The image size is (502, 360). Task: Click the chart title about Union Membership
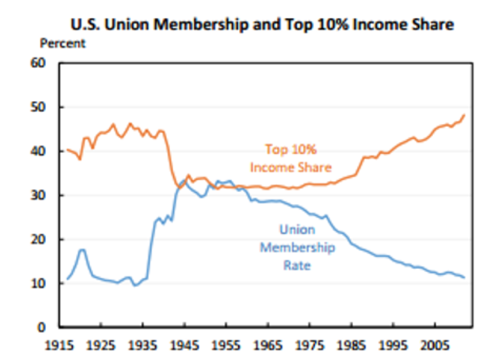[262, 24]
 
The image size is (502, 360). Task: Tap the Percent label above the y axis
[63, 43]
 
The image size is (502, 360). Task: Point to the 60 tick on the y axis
[47, 63]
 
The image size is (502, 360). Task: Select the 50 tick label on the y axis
[47, 107]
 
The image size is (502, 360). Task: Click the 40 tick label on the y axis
[47, 152]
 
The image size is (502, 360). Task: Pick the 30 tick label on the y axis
[47, 195]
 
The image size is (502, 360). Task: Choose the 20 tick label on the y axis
[47, 240]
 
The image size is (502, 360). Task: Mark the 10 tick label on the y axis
[47, 284]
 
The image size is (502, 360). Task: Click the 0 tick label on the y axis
[51, 327]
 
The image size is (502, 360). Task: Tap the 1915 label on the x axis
[59, 344]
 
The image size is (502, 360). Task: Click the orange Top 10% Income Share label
[290, 158]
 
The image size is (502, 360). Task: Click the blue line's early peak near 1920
[82, 250]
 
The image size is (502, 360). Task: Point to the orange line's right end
[464, 115]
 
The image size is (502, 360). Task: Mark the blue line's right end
[464, 277]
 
